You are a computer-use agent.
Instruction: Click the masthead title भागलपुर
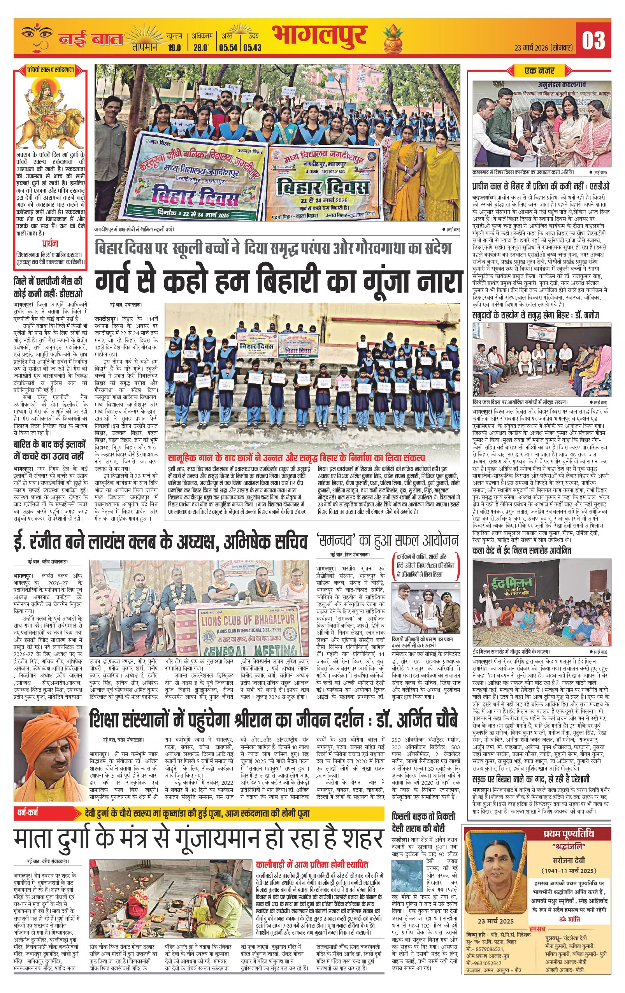pyautogui.click(x=319, y=37)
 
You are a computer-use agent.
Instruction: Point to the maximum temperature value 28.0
pyautogui.click(x=201, y=48)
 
